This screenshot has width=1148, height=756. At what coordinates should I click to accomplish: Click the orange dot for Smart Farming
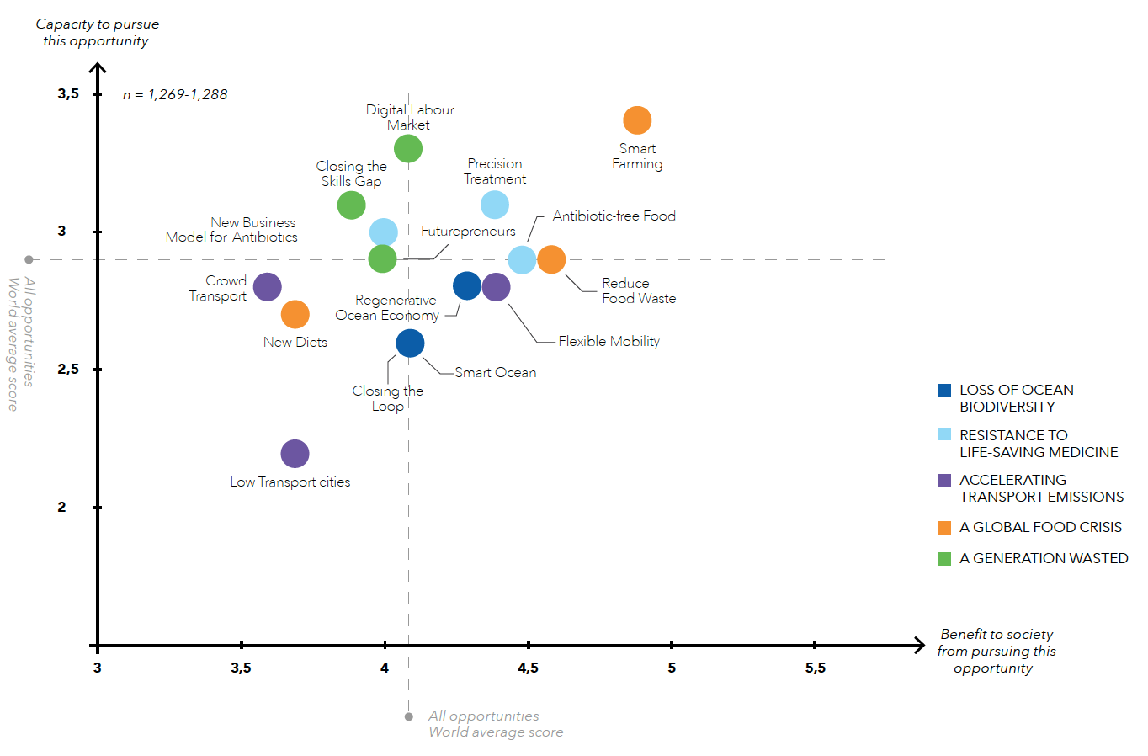[x=637, y=120]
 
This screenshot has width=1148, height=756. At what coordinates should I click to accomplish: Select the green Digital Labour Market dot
[x=408, y=149]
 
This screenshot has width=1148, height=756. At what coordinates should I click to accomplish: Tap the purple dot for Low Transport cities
[x=295, y=454]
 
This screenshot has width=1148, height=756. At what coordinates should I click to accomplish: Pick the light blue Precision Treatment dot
[x=495, y=205]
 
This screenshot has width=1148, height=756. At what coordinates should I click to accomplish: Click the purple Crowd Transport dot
[x=267, y=287]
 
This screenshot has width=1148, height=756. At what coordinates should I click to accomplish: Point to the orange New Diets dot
[x=295, y=314]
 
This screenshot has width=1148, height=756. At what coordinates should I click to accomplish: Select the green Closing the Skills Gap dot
[x=351, y=205]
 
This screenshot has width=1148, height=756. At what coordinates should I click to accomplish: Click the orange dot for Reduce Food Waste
[x=551, y=259]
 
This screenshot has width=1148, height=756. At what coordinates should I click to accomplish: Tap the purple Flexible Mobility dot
[x=497, y=287]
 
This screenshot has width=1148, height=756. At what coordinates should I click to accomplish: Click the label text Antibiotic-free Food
[x=614, y=216]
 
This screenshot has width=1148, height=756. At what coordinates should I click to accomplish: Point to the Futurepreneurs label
[x=468, y=231]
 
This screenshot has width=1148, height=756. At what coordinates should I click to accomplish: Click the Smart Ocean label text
[x=495, y=372]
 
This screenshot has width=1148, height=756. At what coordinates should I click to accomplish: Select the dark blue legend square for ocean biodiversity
[x=944, y=391]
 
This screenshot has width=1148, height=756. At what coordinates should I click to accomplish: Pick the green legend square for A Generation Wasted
[x=944, y=558]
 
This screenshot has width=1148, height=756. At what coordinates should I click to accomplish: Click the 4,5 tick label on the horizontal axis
[x=528, y=668]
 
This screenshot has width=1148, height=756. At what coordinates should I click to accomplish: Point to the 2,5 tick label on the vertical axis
[x=68, y=370]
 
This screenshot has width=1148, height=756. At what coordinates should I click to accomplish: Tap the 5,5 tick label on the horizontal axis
[x=815, y=668]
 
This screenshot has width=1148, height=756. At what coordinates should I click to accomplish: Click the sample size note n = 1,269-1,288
[x=175, y=94]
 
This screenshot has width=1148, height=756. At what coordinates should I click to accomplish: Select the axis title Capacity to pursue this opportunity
[x=97, y=32]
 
